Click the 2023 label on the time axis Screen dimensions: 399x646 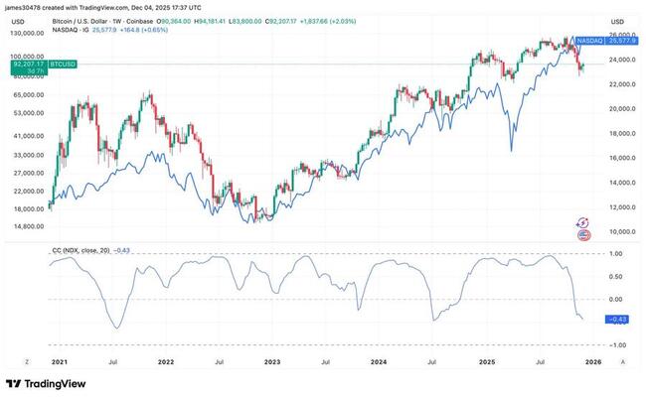pyautogui.click(x=272, y=362)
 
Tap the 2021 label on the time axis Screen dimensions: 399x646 pyautogui.click(x=59, y=362)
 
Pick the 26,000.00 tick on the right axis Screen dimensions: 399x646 pyautogui.click(x=621, y=35)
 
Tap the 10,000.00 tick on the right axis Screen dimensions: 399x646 pyautogui.click(x=621, y=231)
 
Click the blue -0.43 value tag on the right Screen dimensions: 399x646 pyautogui.click(x=616, y=318)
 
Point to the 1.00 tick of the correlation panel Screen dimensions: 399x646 pyautogui.click(x=616, y=254)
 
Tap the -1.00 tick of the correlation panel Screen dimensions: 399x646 pyautogui.click(x=616, y=344)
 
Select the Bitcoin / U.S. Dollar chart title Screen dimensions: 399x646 pyautogui.click(x=90, y=19)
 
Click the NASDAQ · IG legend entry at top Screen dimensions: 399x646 pyautogui.click(x=73, y=27)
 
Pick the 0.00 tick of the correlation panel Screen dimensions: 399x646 pyautogui.click(x=616, y=299)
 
